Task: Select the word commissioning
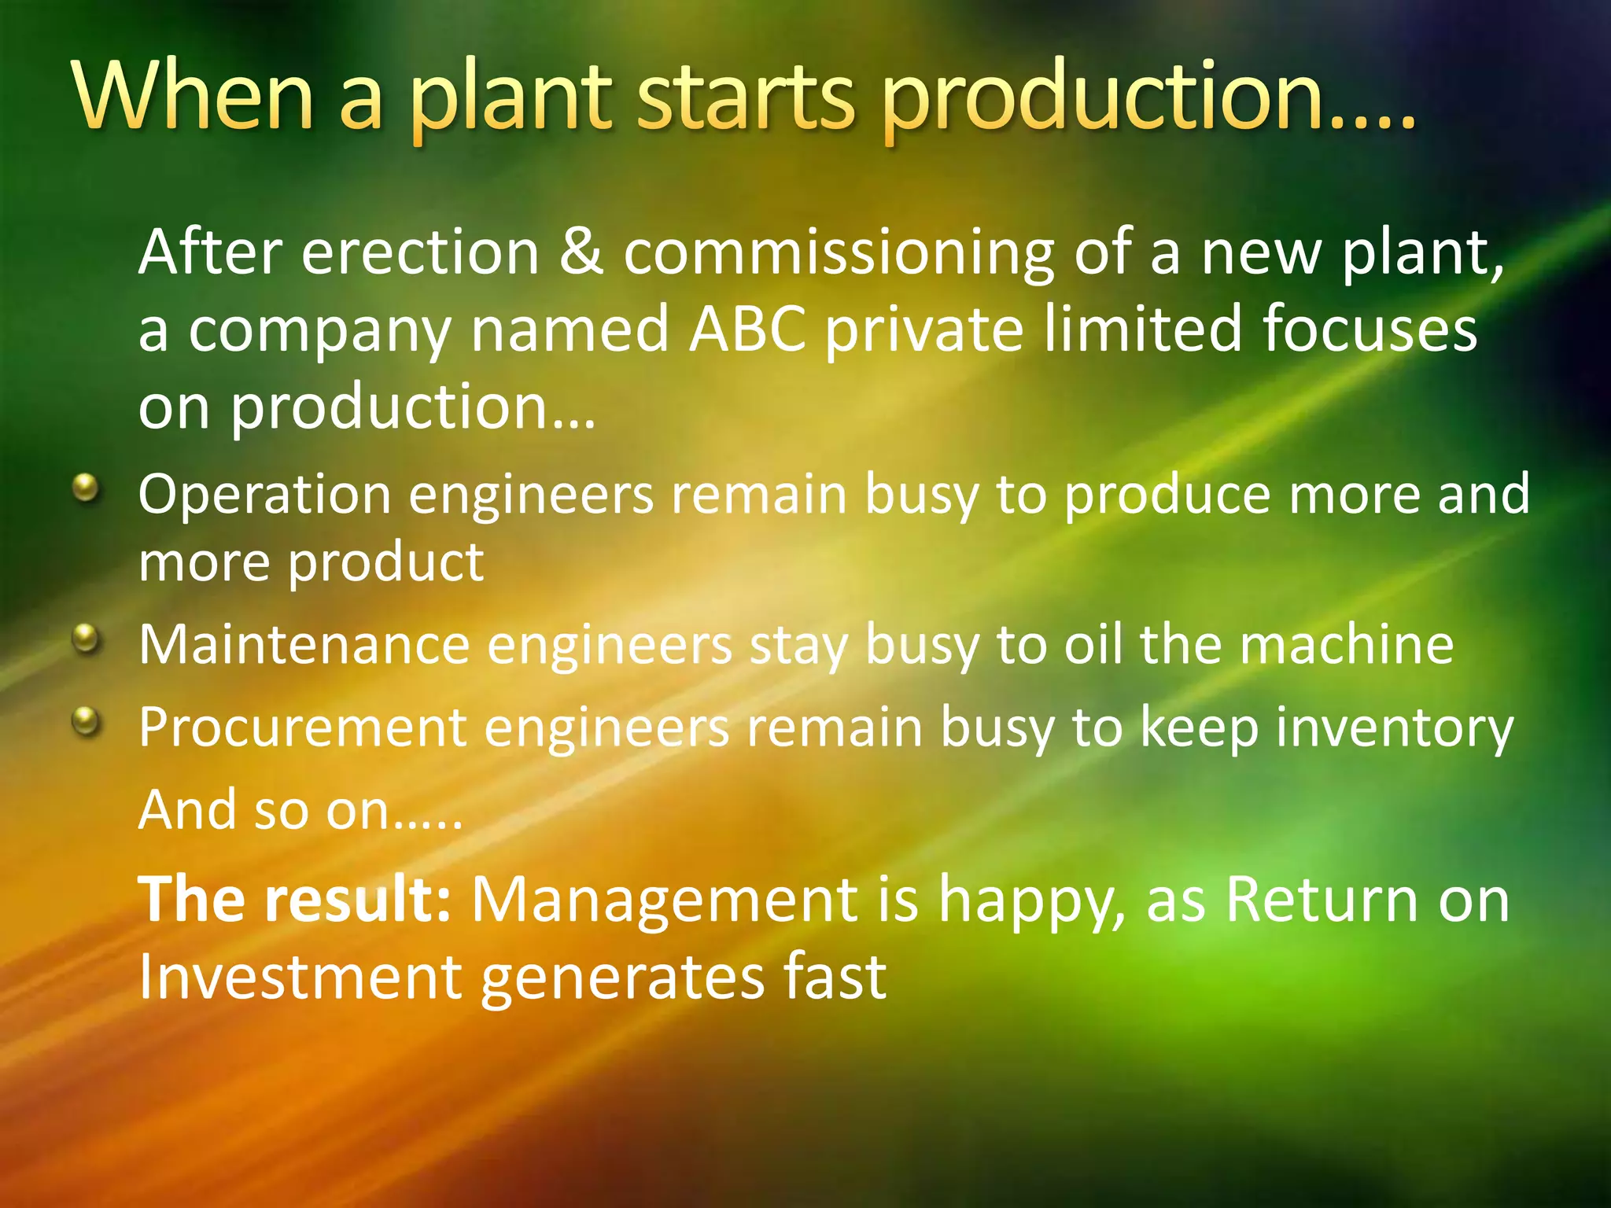tap(839, 253)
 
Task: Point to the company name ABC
tap(747, 329)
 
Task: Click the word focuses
tap(1370, 329)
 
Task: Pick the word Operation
tap(264, 495)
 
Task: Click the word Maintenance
tap(304, 645)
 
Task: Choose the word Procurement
tap(304, 727)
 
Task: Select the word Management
tap(665, 900)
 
